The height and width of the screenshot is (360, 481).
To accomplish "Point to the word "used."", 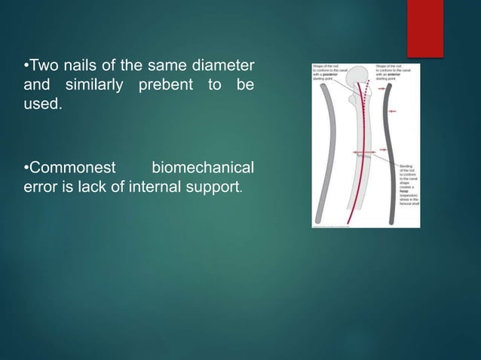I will [40, 105].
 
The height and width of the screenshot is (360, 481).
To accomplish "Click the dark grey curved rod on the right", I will [390, 151].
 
